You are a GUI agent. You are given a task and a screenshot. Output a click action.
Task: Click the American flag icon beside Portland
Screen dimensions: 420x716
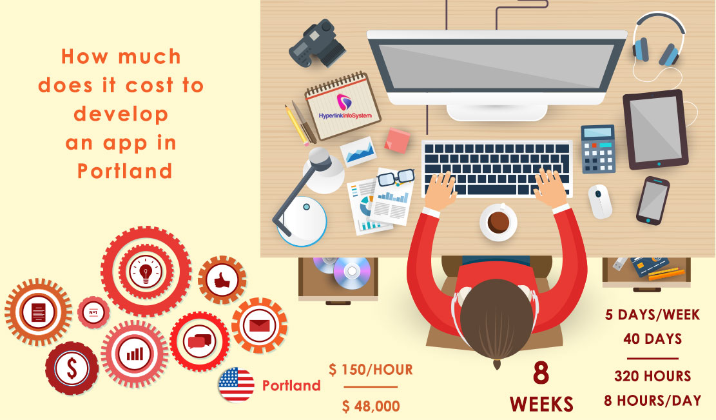[236, 385]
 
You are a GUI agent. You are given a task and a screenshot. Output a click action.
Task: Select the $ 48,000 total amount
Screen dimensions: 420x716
[371, 406]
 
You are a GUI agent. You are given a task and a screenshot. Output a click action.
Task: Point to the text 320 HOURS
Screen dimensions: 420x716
[652, 375]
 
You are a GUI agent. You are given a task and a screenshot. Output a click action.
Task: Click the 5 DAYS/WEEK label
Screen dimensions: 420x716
[652, 315]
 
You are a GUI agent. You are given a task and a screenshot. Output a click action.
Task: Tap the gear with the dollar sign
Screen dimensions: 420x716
[72, 368]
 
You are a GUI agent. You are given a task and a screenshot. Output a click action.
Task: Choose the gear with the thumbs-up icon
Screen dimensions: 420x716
[222, 280]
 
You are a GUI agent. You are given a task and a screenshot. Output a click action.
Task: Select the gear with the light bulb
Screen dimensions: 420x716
[146, 270]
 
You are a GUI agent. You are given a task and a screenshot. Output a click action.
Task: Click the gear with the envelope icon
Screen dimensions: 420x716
[259, 325]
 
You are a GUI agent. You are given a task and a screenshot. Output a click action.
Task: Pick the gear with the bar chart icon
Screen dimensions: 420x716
[135, 354]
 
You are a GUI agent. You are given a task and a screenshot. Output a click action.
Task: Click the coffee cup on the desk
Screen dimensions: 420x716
[498, 221]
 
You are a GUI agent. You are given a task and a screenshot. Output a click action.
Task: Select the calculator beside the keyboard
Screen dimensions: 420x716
[598, 148]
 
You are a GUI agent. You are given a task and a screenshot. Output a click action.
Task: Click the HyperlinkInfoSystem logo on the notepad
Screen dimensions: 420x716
[342, 106]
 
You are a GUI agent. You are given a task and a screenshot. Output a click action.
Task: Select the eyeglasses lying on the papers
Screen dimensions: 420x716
[395, 175]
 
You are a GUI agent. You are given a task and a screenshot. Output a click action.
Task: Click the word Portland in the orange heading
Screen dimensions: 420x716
[124, 170]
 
